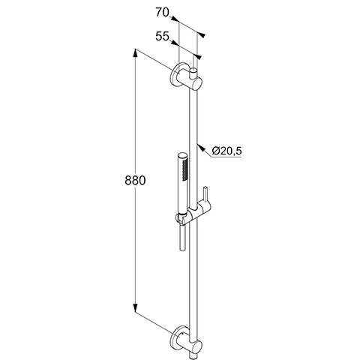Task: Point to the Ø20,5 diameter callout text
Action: point(226,151)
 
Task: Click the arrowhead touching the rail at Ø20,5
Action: point(200,143)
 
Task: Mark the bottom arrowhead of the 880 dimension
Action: point(135,310)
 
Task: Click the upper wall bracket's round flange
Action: point(179,76)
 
